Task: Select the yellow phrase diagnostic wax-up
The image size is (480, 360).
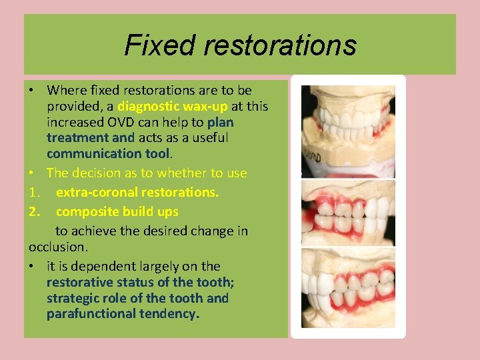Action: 173,106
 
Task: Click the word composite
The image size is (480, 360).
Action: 85,212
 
